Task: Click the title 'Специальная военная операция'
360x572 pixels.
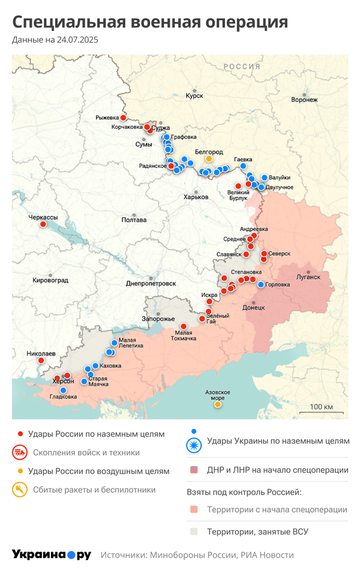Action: click(150, 22)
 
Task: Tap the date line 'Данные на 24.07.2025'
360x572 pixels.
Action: click(55, 40)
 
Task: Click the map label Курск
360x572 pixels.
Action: click(194, 96)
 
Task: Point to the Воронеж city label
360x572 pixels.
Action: click(304, 100)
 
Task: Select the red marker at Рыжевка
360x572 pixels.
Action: click(123, 118)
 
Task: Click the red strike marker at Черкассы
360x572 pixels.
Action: click(43, 224)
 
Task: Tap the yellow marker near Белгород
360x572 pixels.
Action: click(209, 159)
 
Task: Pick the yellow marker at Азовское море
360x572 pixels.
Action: click(218, 404)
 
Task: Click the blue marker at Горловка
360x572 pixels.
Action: click(260, 285)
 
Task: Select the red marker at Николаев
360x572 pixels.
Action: click(41, 360)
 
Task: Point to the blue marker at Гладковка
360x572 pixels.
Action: click(63, 390)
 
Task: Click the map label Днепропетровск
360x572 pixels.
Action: click(151, 283)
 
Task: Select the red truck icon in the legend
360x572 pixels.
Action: click(20, 452)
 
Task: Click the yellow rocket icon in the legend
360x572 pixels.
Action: click(20, 490)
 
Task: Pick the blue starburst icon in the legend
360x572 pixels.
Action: click(194, 445)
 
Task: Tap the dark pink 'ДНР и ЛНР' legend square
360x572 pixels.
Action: click(194, 470)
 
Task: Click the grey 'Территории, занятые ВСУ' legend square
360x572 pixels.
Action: click(194, 531)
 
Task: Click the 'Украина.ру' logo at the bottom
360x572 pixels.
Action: click(51, 555)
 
